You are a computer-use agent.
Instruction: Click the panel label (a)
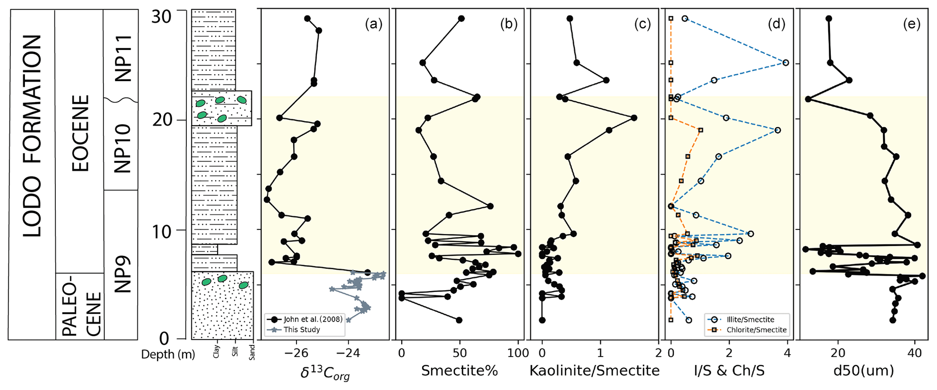tap(374, 24)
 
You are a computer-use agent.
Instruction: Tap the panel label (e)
tap(912, 24)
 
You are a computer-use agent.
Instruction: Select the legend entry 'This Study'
tap(302, 330)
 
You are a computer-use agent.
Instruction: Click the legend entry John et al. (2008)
tap(313, 319)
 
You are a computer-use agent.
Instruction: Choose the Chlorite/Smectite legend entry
tap(757, 330)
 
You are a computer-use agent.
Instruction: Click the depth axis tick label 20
tap(161, 120)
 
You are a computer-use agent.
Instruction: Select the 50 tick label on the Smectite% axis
tap(460, 353)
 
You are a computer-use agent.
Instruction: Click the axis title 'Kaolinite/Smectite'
tap(594, 371)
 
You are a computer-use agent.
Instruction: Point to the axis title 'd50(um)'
tap(863, 371)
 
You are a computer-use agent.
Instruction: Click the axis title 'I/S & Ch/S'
tap(729, 371)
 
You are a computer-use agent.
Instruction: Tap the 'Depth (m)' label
tap(168, 355)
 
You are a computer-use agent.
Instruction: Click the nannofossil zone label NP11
tap(122, 58)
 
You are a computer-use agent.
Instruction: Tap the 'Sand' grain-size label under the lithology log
tap(252, 352)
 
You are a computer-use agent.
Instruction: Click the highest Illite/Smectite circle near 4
tap(786, 63)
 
